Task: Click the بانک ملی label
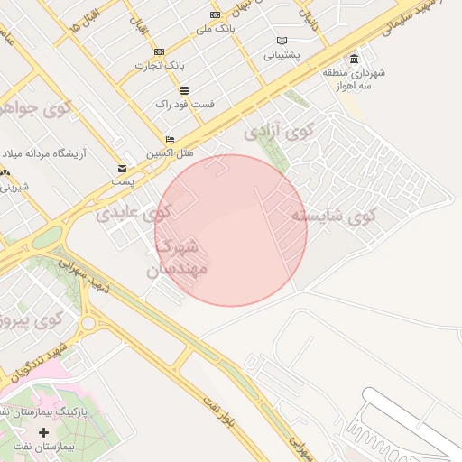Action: click(215, 29)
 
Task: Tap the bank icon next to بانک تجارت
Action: click(160, 52)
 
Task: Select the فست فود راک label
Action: click(184, 104)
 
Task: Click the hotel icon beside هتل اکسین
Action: click(170, 140)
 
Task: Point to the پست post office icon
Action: click(122, 169)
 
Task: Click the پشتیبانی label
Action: click(282, 55)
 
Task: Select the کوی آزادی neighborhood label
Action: click(278, 132)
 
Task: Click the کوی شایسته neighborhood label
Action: click(332, 216)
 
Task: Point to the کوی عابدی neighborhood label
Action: click(133, 214)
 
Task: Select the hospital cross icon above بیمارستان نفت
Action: click(43, 432)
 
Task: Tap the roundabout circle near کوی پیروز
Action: click(88, 321)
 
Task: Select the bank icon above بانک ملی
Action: click(215, 15)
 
